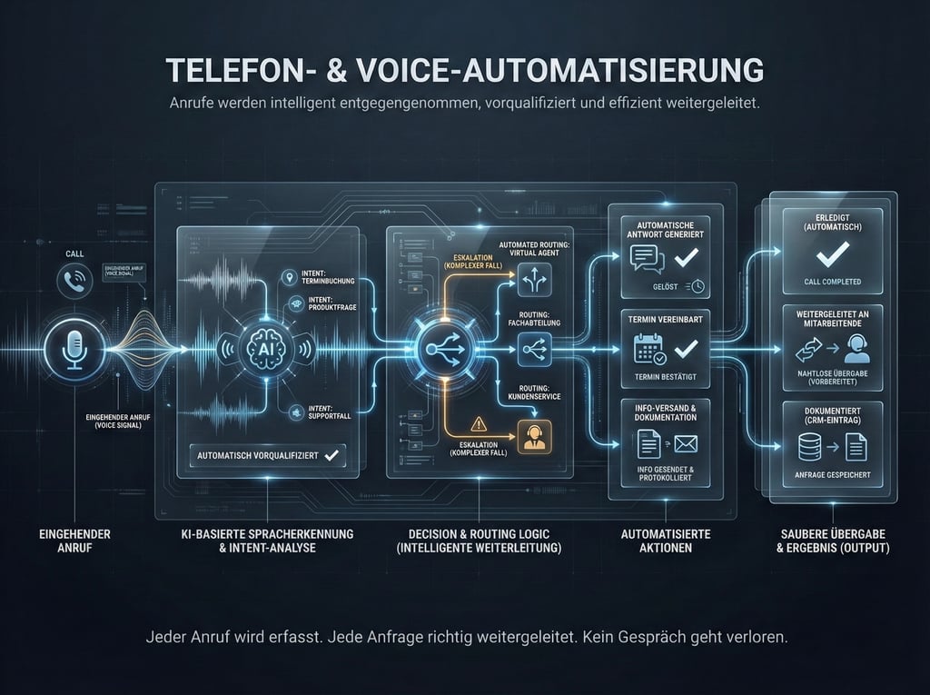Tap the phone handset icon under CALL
coord(74,281)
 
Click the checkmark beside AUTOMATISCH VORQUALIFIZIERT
coord(331,454)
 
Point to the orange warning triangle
coord(478,422)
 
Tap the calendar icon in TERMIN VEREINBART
coord(647,350)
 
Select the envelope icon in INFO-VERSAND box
coord(684,444)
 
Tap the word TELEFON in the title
coord(223,70)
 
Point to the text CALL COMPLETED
coord(833,282)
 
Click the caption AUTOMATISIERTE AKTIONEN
coord(665,541)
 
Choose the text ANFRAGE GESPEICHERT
coord(833,474)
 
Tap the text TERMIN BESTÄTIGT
coord(665,377)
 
